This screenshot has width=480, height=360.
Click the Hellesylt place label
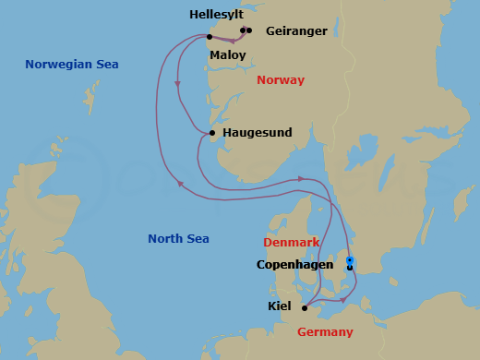[218, 15]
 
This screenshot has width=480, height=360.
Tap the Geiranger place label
[296, 31]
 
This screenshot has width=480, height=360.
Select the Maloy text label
[228, 55]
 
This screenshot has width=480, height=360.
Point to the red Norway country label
[281, 80]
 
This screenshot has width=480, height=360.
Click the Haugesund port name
[258, 133]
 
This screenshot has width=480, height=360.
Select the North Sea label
[178, 239]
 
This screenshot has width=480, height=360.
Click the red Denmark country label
[292, 243]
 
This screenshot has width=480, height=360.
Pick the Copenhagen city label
[294, 265]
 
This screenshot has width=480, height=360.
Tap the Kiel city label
[281, 306]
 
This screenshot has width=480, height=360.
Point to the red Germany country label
[325, 332]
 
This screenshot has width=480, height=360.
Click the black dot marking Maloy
[210, 37]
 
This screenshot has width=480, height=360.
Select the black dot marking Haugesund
[213, 133]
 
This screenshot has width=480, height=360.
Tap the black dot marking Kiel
[305, 308]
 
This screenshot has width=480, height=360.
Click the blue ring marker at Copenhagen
[350, 260]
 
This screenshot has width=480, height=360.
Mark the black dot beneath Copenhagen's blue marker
[350, 268]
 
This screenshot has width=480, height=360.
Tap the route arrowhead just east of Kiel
[342, 299]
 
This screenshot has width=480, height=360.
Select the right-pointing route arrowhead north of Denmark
[301, 179]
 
